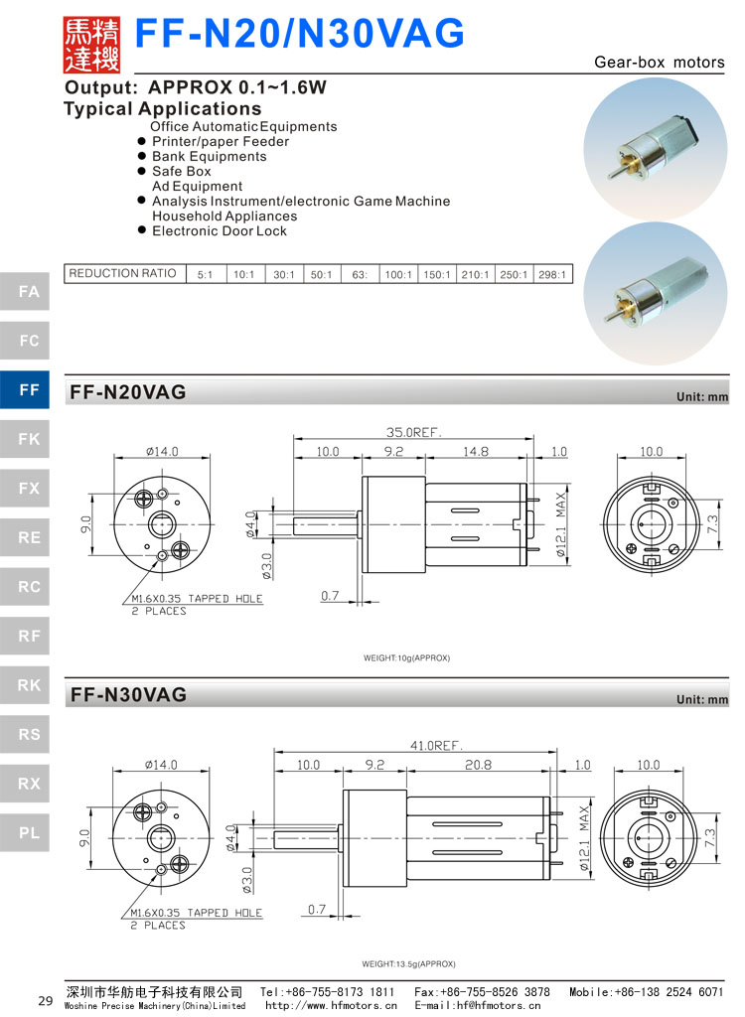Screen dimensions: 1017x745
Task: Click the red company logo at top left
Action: click(91, 45)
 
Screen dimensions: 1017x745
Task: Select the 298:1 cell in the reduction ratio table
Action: click(553, 274)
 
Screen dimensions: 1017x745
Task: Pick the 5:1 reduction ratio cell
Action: click(206, 274)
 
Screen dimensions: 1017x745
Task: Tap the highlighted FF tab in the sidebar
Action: click(29, 390)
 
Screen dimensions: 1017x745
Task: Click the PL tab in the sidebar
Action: click(29, 832)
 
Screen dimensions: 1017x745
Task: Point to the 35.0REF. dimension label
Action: click(414, 432)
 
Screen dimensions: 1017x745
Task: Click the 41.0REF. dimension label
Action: click(437, 745)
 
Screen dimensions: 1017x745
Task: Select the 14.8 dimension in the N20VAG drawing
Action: click(476, 452)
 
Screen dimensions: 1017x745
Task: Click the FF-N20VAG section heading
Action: click(128, 392)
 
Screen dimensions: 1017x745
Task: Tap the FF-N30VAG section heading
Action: click(128, 695)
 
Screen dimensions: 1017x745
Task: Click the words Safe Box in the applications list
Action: click(182, 171)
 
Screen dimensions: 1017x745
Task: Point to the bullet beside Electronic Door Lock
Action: click(142, 231)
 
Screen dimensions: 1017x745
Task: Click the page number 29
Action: click(45, 1001)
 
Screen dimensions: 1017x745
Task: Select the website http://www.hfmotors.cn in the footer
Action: click(331, 1005)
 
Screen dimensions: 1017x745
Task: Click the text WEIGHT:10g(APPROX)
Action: click(407, 658)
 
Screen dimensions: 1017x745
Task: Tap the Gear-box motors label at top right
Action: click(660, 62)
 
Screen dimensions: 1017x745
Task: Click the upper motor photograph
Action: click(655, 146)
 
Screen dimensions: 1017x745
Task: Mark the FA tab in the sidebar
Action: click(29, 292)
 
